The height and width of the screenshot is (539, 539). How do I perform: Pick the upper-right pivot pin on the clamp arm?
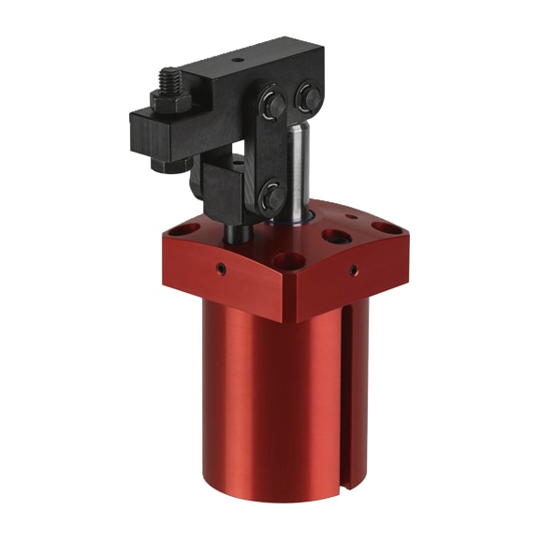pos(308,95)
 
